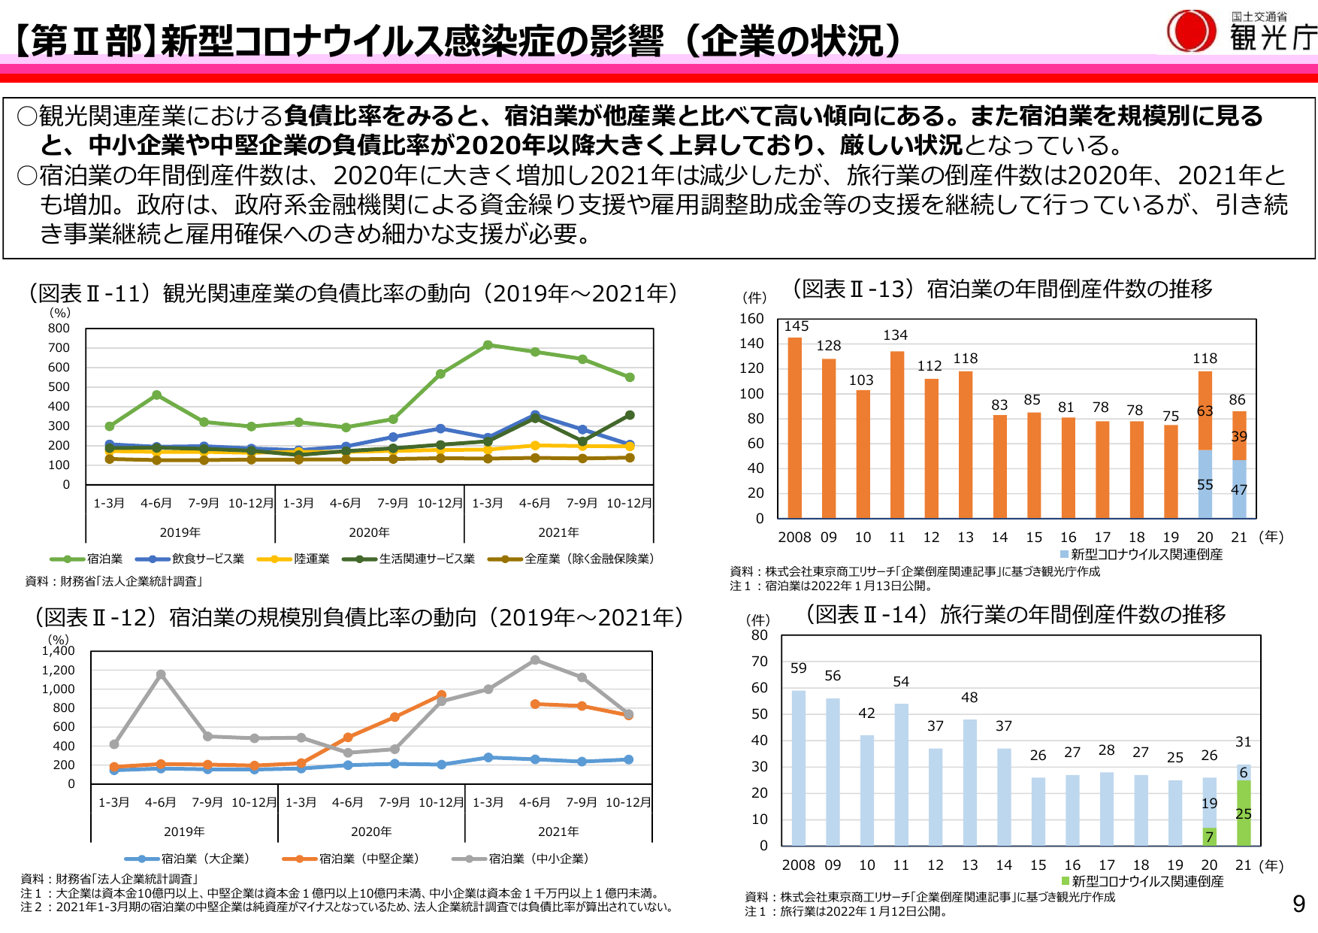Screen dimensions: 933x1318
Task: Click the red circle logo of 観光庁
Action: point(1191,32)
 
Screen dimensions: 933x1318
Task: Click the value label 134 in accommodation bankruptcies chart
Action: point(895,335)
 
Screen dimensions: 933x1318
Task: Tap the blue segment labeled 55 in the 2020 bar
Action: point(1205,484)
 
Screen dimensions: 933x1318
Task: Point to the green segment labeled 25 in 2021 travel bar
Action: point(1244,813)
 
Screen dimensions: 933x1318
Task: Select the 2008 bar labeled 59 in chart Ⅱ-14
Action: point(798,767)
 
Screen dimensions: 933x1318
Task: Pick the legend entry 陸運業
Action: point(294,559)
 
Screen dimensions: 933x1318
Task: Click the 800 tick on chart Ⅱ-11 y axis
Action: point(59,329)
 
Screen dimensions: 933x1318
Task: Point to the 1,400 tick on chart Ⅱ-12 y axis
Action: point(58,651)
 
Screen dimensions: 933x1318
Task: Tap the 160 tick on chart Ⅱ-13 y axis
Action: point(751,319)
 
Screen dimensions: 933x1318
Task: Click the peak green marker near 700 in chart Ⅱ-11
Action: point(488,345)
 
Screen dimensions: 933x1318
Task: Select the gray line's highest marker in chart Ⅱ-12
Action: point(535,660)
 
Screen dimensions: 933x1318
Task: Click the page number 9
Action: point(1298,904)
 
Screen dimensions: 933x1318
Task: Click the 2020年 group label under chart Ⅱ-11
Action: point(369,532)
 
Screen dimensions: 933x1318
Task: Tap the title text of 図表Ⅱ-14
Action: point(1015,615)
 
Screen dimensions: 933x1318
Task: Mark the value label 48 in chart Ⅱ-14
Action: point(969,698)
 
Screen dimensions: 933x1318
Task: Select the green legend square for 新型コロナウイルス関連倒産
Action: point(1066,880)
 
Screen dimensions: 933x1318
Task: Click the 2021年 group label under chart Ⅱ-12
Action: point(558,832)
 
